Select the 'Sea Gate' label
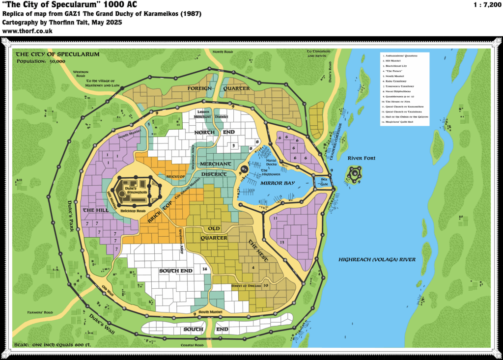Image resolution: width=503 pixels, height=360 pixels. point(323,181)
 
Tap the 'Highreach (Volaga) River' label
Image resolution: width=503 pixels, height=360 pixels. point(377,259)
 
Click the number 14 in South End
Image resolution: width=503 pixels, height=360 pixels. point(205,270)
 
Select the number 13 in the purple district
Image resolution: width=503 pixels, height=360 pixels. point(282,243)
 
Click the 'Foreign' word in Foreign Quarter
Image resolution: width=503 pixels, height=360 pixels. point(200,88)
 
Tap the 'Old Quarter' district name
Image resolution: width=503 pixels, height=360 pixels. point(214,233)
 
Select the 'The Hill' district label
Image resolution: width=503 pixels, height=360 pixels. point(92,210)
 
